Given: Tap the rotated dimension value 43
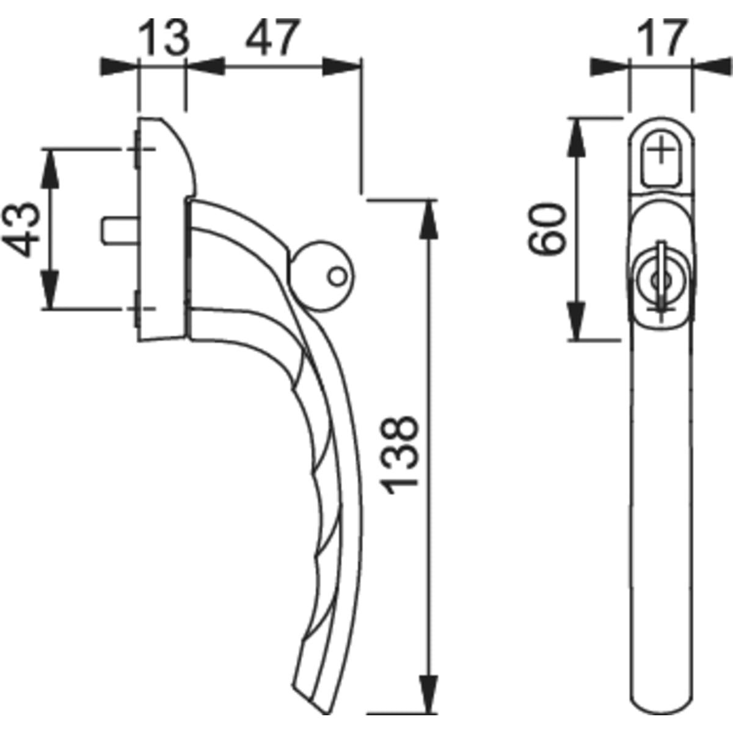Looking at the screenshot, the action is (21, 230).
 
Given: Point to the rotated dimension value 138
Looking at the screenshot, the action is (399, 455).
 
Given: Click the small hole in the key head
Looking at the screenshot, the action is (337, 277).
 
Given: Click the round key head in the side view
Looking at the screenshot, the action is (321, 276).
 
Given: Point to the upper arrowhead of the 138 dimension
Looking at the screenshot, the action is (429, 220).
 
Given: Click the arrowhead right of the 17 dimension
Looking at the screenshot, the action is (712, 67).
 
